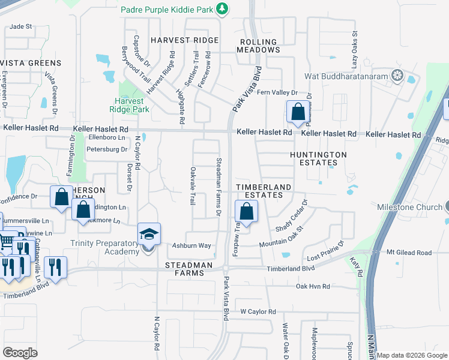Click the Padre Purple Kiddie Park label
(x=167, y=9)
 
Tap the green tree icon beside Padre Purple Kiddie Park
(x=223, y=8)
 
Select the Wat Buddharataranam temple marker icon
(x=396, y=75)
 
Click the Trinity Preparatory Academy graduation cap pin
(x=149, y=235)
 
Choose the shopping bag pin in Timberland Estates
(x=246, y=211)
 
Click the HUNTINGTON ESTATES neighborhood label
(x=318, y=158)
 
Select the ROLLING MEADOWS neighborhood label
(x=259, y=46)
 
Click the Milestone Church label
(x=409, y=207)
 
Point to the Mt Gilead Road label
(x=409, y=253)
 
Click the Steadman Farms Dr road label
(x=219, y=187)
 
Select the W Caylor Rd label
(x=258, y=312)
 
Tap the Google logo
(x=20, y=353)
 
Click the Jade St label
(x=20, y=27)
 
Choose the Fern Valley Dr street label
(x=277, y=92)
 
